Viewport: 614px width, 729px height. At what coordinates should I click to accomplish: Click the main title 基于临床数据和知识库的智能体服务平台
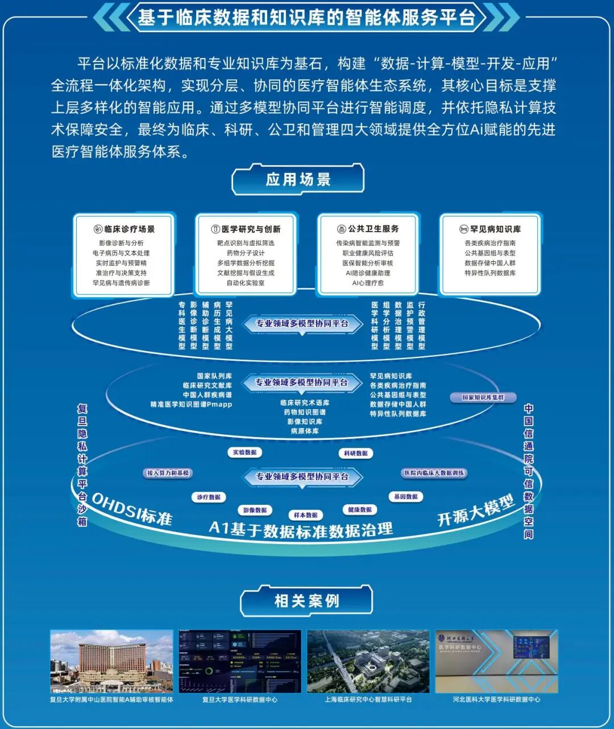coord(306,18)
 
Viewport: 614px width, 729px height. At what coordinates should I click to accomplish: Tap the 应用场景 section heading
coord(298,180)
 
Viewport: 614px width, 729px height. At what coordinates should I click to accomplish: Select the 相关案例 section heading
coord(306,601)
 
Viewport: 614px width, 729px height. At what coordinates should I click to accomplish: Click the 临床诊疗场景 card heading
coord(124,229)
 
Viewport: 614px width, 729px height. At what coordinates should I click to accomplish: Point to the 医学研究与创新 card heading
coord(246,229)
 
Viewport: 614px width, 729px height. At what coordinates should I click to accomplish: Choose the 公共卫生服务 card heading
coord(368,229)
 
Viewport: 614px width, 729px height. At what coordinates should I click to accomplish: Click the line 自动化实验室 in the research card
coord(246,283)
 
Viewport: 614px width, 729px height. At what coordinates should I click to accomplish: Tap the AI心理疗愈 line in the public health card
coord(368,283)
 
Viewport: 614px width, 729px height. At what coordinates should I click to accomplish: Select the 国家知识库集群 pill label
coord(483,397)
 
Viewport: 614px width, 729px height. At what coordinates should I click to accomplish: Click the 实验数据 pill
coord(245,452)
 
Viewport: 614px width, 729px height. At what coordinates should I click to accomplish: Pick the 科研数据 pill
coord(356,453)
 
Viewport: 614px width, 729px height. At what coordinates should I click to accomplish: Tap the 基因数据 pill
coord(406,497)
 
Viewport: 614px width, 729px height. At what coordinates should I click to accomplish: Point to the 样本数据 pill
coord(306,515)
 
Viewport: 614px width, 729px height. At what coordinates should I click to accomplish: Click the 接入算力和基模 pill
coord(168,473)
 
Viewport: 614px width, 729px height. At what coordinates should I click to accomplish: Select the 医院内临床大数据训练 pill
coord(434,473)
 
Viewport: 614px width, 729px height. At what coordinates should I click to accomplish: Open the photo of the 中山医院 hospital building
coord(111,661)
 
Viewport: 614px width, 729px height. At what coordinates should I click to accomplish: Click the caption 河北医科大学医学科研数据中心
coord(496,699)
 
